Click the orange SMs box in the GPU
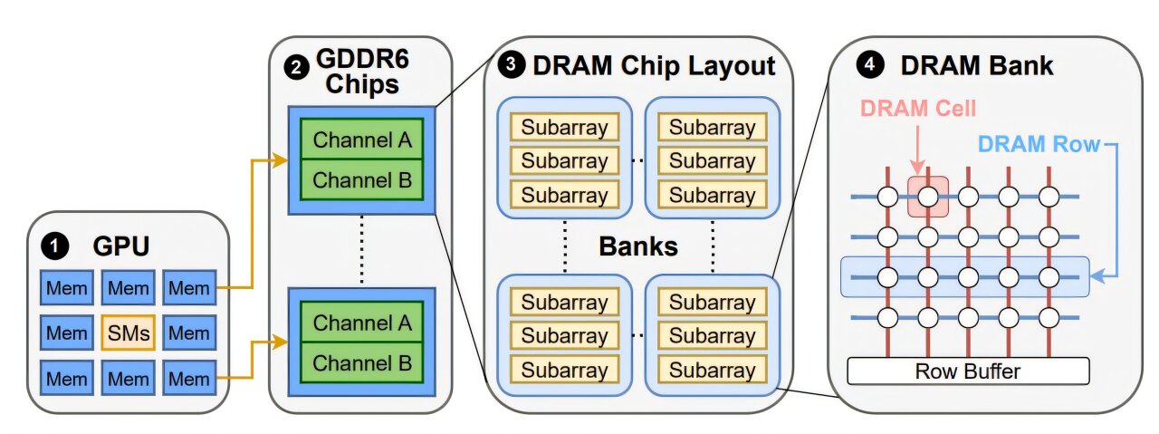pos(128,333)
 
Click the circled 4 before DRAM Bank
pos(869,66)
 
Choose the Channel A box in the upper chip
pos(362,140)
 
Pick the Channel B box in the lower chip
pos(362,363)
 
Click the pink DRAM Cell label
pos(918,108)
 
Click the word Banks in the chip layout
pos(637,246)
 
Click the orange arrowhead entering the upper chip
pos(282,160)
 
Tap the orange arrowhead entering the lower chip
pos(282,342)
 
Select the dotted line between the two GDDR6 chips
pos(362,250)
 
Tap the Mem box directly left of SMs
pos(67,333)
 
